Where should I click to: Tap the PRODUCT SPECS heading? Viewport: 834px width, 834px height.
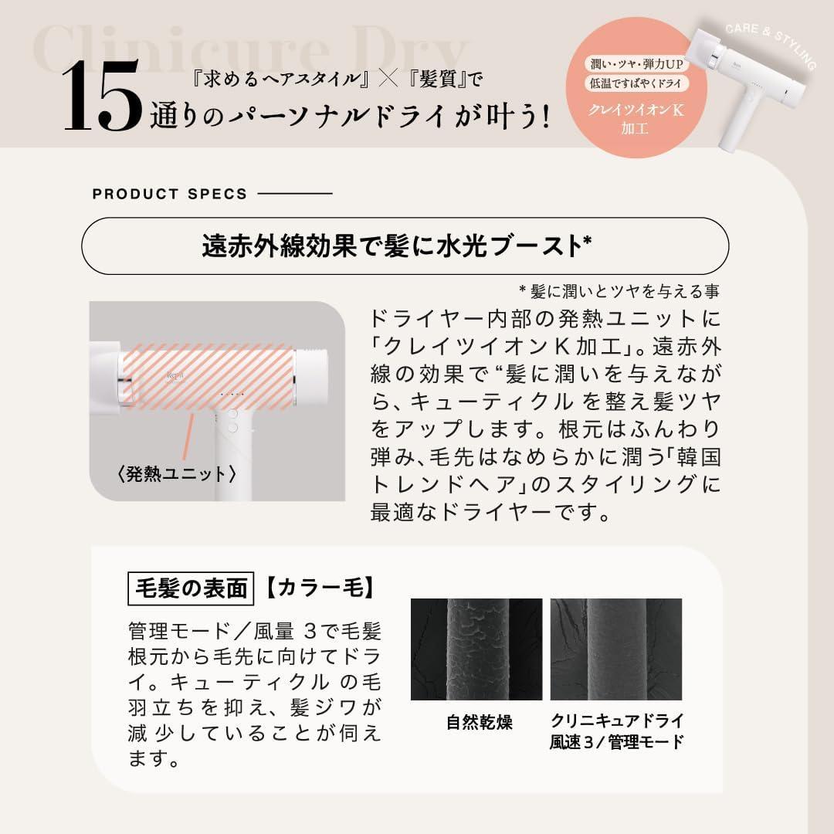[x=170, y=194]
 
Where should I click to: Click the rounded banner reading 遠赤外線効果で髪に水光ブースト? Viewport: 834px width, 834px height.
[x=405, y=246]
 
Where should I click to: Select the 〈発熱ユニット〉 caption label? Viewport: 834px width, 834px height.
[x=177, y=473]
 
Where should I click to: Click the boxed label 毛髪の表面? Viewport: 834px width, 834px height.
[x=190, y=589]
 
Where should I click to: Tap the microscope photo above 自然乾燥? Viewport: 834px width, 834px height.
[x=476, y=649]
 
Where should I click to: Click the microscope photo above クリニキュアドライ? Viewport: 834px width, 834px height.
[x=616, y=649]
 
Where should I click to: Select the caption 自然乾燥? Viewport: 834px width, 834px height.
[x=479, y=723]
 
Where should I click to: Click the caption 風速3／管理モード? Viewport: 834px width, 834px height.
[x=616, y=743]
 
